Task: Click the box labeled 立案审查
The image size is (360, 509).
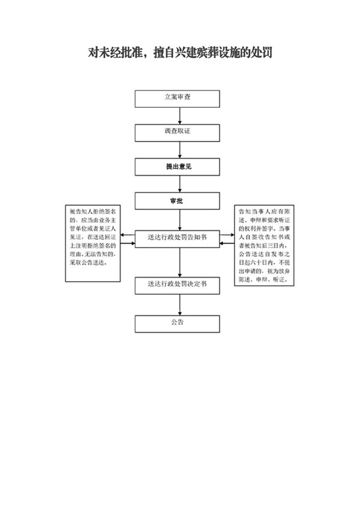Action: [179, 98]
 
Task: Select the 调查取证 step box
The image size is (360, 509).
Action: [179, 132]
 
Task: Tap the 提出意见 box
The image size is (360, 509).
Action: [179, 167]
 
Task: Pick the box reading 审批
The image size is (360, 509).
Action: [179, 201]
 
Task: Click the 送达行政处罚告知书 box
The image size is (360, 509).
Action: [179, 238]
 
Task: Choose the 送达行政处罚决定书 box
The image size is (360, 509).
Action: [179, 286]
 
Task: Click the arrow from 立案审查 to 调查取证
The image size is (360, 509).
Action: [179, 115]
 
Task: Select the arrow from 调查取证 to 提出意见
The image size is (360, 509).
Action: [179, 149]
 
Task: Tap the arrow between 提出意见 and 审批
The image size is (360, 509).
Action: [179, 184]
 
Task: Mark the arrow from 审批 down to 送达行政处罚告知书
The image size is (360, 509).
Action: [179, 219]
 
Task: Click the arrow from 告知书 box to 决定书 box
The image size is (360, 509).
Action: [179, 262]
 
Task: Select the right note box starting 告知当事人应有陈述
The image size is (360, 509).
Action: [263, 245]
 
